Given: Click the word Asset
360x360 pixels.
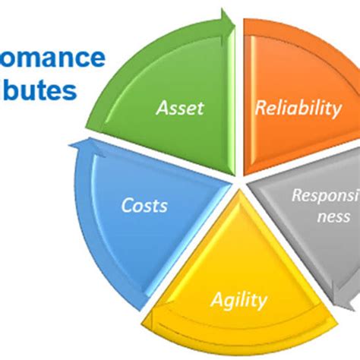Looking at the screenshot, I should (x=179, y=108).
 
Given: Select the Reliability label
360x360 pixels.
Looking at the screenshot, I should (x=298, y=108).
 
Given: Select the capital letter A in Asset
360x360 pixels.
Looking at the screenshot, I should (x=160, y=108).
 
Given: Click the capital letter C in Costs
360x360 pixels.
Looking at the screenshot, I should (x=126, y=206).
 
